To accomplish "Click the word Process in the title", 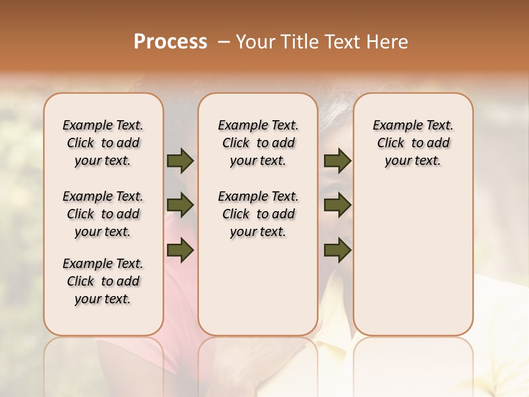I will (x=170, y=42).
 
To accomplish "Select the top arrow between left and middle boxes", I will (x=180, y=161).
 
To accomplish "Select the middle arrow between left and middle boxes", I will (x=180, y=206).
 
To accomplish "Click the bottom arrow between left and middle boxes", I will (x=180, y=250).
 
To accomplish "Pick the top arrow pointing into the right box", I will (x=337, y=161).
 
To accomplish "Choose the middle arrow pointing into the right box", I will (x=337, y=206).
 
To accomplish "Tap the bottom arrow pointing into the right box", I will (x=337, y=250).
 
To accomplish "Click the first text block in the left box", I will (x=103, y=143).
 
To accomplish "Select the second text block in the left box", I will (x=103, y=214).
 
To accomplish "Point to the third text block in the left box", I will (x=103, y=281).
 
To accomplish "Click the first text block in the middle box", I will (x=258, y=143).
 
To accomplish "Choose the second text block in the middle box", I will (x=258, y=214).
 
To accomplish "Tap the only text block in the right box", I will (x=413, y=143).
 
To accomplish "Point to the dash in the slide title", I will (x=224, y=42).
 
